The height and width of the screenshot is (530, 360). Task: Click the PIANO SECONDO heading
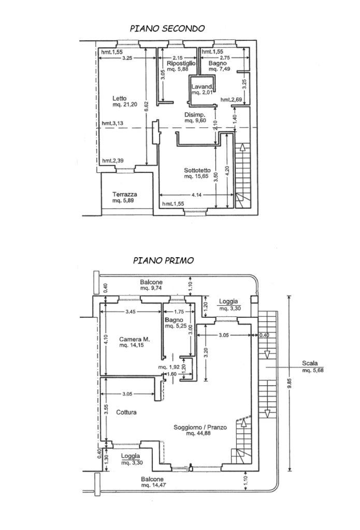click(167, 28)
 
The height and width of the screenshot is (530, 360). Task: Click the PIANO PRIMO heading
click(163, 261)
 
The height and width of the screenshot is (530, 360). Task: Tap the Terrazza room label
click(125, 195)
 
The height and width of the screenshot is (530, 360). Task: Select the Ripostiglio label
click(181, 63)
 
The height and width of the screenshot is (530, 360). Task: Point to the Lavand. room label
click(202, 86)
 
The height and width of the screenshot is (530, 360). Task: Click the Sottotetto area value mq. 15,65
click(196, 176)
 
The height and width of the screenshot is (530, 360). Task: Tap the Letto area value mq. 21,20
click(125, 105)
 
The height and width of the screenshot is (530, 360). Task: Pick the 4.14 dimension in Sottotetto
click(196, 195)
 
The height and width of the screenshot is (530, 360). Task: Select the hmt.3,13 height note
click(113, 123)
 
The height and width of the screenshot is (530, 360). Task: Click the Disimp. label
click(195, 115)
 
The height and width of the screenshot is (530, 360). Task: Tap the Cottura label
click(126, 413)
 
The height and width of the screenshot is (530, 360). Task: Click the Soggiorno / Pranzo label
click(200, 427)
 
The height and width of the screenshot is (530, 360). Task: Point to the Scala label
click(310, 363)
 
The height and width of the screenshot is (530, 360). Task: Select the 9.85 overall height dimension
click(289, 384)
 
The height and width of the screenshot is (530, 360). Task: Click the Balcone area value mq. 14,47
click(154, 485)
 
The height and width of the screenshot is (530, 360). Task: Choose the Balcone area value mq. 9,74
click(151, 288)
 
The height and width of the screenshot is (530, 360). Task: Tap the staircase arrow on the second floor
click(242, 148)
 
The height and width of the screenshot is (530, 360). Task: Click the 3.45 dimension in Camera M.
click(131, 312)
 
